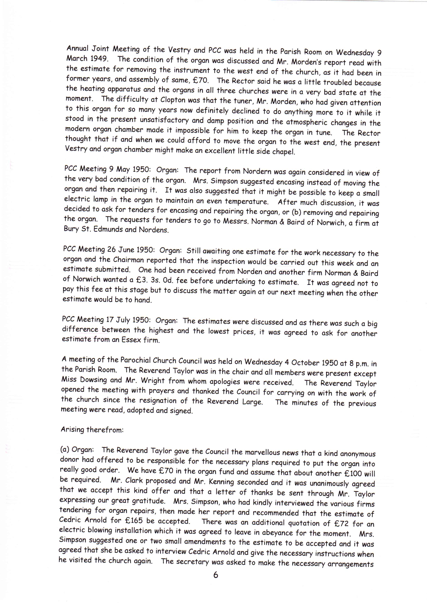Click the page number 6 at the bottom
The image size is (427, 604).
pyautogui.click(x=216, y=575)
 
